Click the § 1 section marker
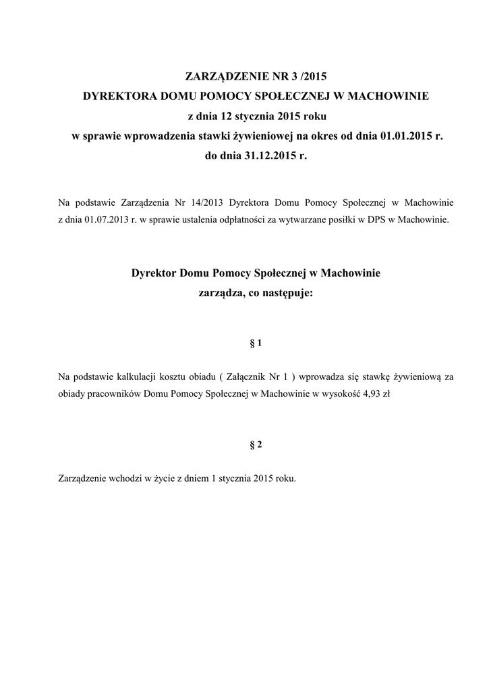(256, 343)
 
